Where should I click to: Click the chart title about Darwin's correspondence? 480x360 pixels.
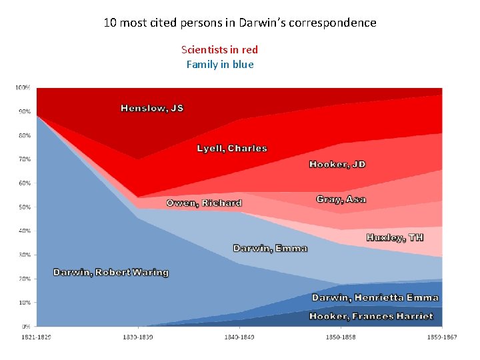[x=240, y=23]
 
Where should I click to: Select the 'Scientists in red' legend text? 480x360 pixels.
[x=219, y=50]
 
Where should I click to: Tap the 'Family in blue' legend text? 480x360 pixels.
[x=219, y=65]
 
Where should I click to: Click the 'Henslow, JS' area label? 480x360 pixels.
[x=152, y=108]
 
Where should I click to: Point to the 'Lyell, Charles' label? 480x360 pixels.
[x=232, y=149]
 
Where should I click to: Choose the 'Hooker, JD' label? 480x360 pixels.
[x=337, y=165]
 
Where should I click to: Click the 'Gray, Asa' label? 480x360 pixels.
[x=341, y=199]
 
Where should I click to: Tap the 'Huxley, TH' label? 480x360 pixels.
[x=395, y=238]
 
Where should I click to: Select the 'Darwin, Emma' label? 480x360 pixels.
[x=270, y=249]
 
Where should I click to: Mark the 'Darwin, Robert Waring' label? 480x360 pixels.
[x=111, y=273]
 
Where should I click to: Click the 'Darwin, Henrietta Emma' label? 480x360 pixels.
[x=375, y=297]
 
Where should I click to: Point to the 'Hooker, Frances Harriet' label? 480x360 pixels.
[x=371, y=316]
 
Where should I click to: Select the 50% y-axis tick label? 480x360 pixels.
[x=23, y=207]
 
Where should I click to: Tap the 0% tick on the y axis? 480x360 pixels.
[x=25, y=327]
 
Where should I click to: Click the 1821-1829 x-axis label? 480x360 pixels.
[x=35, y=337]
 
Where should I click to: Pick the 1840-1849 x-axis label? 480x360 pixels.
[x=239, y=337]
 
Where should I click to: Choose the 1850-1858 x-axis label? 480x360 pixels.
[x=341, y=337]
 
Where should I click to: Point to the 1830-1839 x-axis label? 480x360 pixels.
[x=137, y=337]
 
